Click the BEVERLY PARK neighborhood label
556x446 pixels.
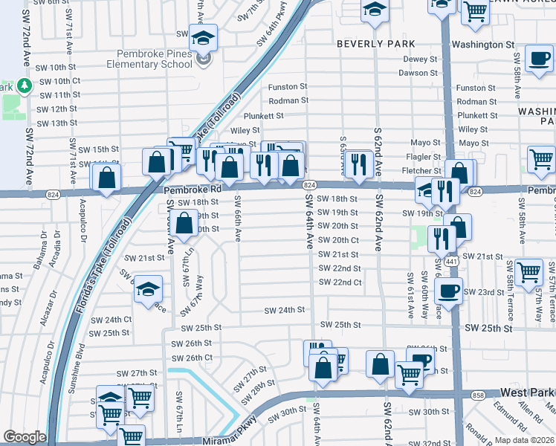tap(375, 44)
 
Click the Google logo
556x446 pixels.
tap(25, 437)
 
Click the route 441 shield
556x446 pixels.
tap(453, 262)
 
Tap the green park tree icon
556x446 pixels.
tap(25, 86)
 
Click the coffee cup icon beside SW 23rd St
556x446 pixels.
tap(448, 291)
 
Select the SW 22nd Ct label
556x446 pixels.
tap(340, 282)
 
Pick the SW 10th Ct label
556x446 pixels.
tap(59, 81)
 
